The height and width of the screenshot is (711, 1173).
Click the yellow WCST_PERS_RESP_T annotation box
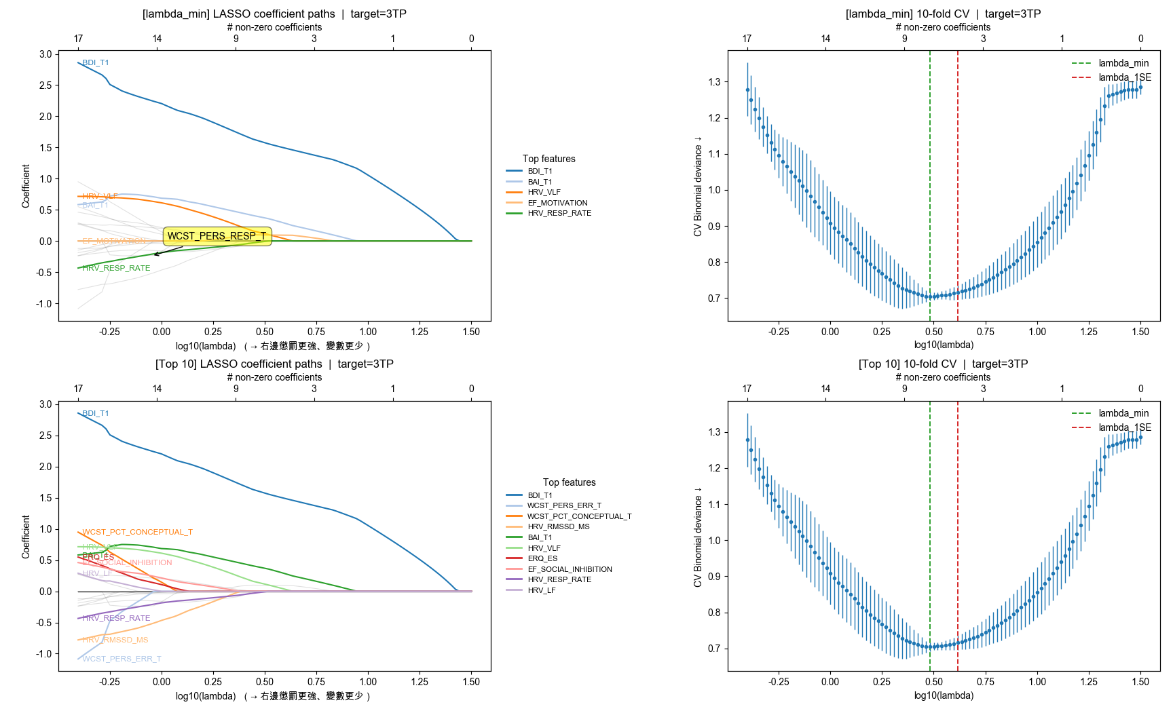(217, 236)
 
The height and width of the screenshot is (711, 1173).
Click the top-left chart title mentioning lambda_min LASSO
(274, 14)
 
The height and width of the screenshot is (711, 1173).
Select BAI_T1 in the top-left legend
(540, 182)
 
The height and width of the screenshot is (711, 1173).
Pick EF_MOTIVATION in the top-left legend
(557, 203)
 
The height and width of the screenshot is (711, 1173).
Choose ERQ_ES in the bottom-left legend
(542, 558)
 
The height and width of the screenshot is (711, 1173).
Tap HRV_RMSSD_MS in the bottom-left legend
(558, 526)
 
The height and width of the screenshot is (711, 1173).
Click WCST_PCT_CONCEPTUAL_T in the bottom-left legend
(579, 516)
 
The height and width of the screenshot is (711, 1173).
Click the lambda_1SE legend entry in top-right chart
(1125, 77)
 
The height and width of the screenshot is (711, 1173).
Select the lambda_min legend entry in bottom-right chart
(1123, 413)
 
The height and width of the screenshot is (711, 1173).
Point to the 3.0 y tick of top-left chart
(45, 54)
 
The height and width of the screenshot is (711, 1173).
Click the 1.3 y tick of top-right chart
(714, 82)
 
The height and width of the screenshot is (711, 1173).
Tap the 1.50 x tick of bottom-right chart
(1140, 682)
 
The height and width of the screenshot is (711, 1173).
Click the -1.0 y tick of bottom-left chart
(43, 654)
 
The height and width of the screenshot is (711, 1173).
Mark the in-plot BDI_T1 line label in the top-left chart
(96, 62)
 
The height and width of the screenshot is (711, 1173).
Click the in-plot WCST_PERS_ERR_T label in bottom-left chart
(122, 659)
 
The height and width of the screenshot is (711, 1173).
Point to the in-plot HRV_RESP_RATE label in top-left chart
(116, 268)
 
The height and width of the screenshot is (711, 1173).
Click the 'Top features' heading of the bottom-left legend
(569, 482)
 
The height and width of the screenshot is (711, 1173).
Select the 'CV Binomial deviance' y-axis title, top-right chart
(698, 186)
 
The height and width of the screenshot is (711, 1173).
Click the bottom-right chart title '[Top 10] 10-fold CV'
(943, 364)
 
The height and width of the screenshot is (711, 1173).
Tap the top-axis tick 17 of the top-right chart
(747, 39)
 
